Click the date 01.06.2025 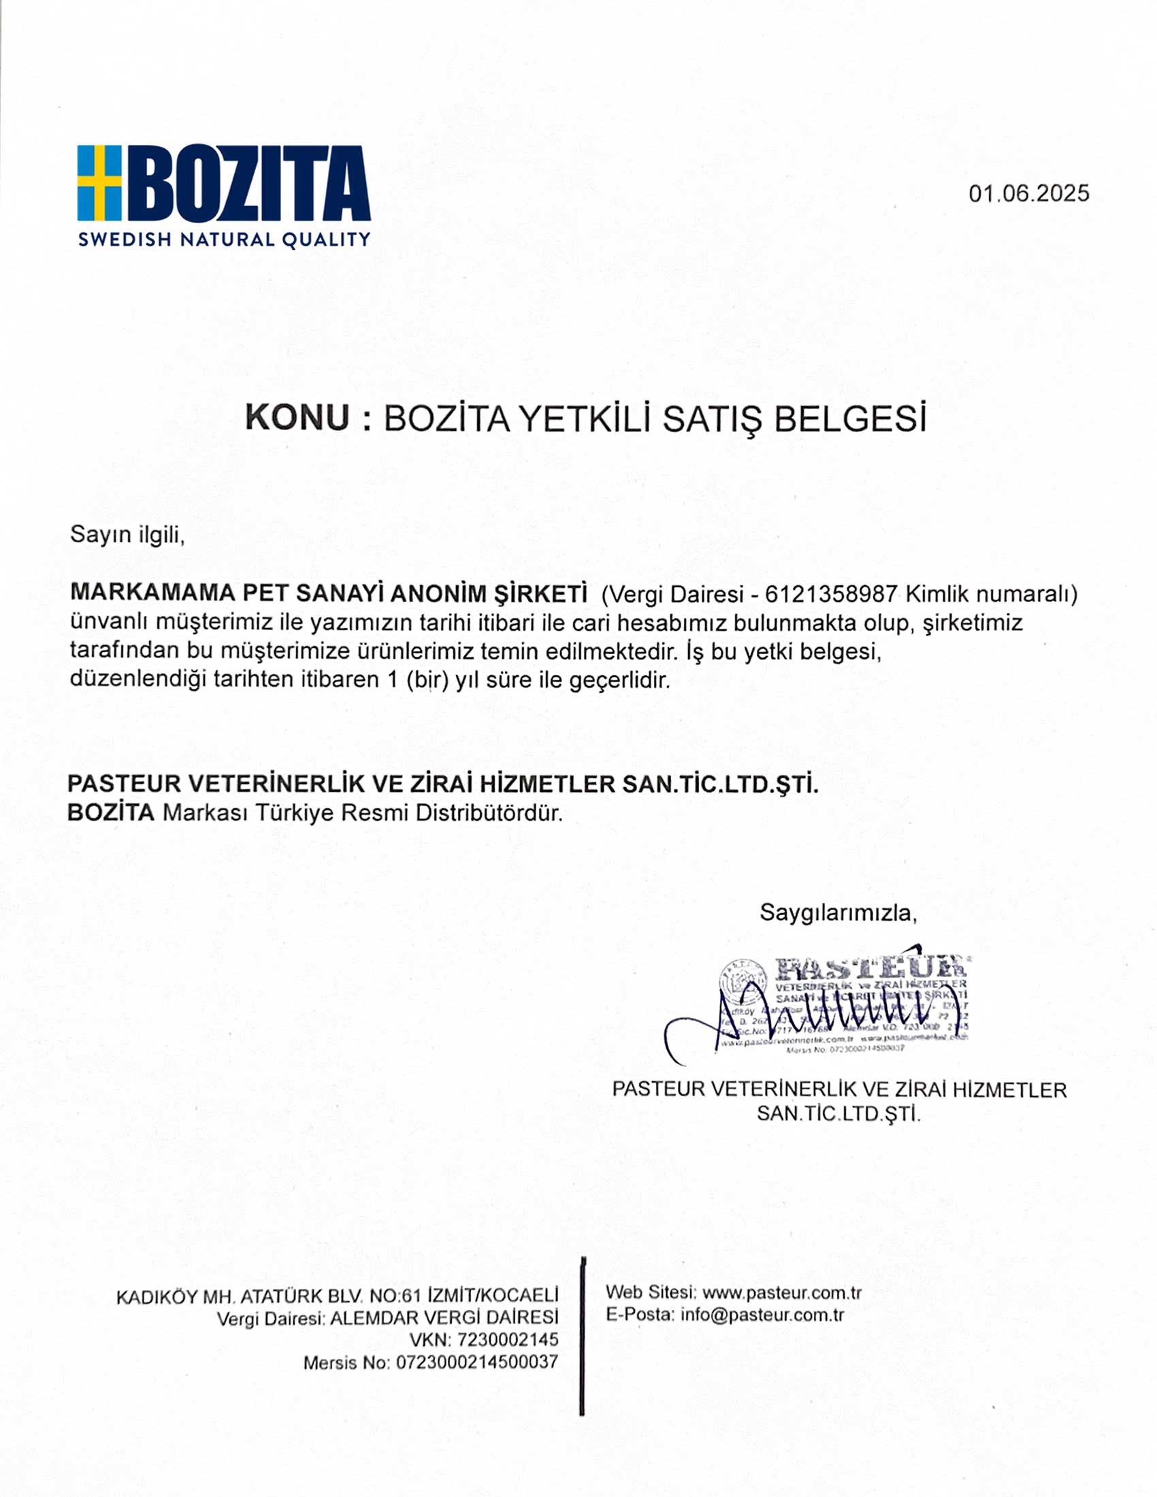click(1028, 193)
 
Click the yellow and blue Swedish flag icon click(99, 182)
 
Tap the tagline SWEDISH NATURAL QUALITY click(224, 240)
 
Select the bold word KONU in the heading click(297, 417)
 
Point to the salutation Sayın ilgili click(127, 534)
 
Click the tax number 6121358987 click(831, 593)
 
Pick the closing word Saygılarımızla click(838, 912)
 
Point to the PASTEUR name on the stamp click(870, 968)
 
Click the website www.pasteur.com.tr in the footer click(781, 1293)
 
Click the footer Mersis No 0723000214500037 click(477, 1362)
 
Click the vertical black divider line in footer click(582, 1336)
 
